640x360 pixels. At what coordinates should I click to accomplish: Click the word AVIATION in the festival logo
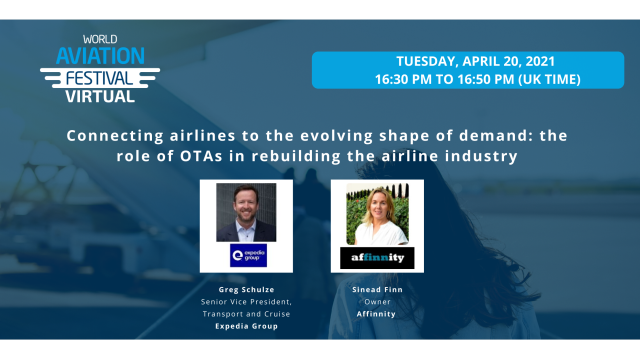point(100,56)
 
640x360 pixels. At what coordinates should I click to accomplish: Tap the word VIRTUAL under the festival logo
point(100,95)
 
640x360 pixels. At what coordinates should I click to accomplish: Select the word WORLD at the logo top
point(100,39)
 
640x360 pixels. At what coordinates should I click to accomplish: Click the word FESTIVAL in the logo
point(100,77)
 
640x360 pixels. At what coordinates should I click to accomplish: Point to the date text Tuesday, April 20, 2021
point(475,61)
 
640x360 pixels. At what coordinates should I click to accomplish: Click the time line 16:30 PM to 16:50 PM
point(477,79)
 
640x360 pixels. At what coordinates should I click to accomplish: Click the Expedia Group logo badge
point(248,255)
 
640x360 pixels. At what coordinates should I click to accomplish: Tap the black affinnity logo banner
point(377,258)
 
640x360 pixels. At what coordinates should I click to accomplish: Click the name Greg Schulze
point(246,290)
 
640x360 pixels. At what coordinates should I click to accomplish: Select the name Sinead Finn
point(377,290)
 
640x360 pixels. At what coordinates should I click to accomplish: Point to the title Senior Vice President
point(246,302)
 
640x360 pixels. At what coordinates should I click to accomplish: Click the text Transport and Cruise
point(246,314)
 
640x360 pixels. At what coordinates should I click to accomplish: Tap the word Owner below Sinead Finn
point(377,302)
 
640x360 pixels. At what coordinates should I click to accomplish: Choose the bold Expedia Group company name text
point(246,326)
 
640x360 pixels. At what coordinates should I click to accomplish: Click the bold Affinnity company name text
point(376,314)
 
